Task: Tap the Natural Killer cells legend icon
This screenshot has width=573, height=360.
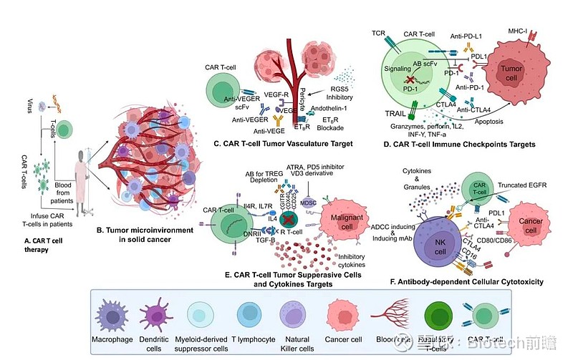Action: pos(294,316)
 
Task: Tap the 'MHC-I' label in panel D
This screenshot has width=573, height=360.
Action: pos(537,31)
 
